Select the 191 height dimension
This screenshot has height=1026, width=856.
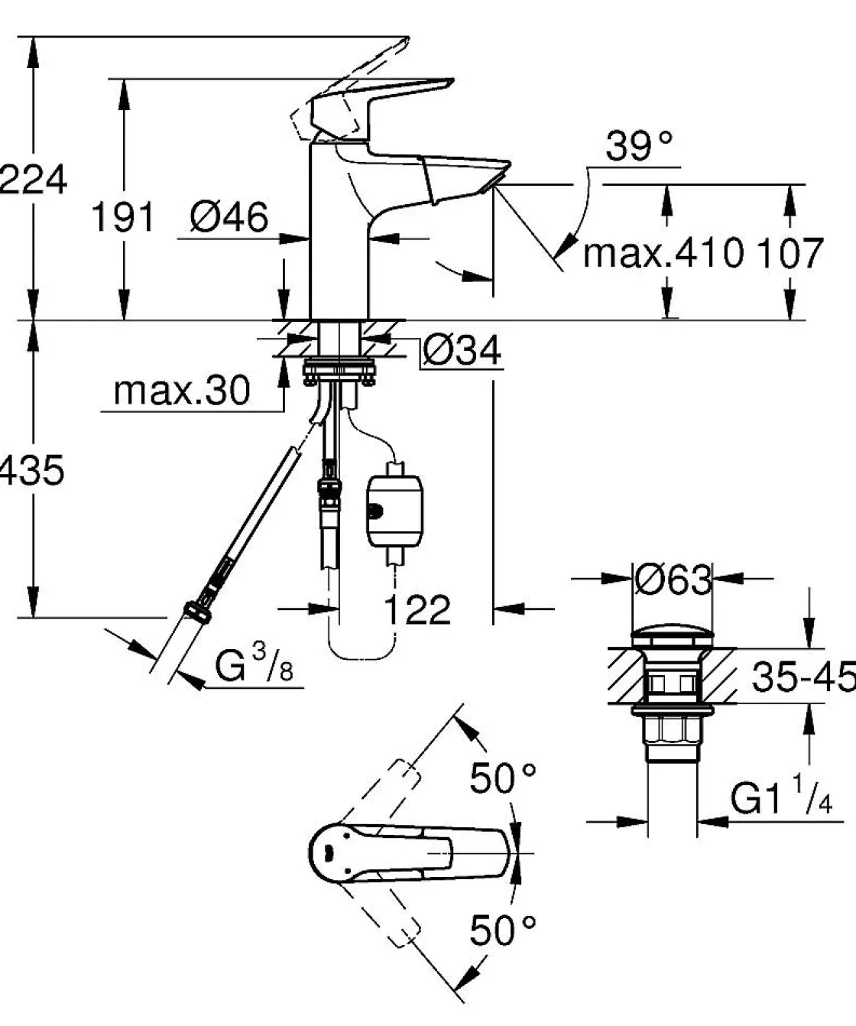[122, 217]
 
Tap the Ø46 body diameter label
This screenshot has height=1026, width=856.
[229, 218]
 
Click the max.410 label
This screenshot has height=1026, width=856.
[663, 253]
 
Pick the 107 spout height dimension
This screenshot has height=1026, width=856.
[789, 253]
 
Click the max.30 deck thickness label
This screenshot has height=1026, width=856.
[182, 391]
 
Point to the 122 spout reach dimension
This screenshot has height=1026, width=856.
[417, 609]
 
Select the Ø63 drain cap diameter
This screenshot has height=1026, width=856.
[673, 580]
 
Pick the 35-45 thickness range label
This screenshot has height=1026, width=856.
[802, 676]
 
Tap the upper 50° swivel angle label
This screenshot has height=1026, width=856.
[502, 778]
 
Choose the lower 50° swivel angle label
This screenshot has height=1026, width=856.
[502, 930]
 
